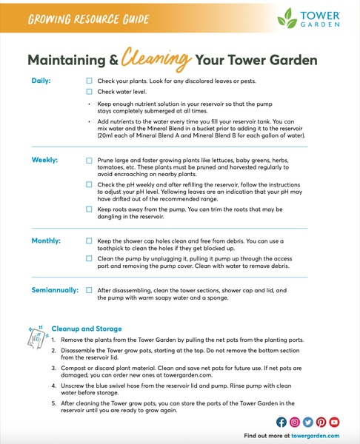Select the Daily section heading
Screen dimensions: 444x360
(41, 80)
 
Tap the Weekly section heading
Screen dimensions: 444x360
(45, 160)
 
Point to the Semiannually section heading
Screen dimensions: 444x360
(55, 290)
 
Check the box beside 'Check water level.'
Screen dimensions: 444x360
(90, 92)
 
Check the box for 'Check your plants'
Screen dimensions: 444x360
(90, 81)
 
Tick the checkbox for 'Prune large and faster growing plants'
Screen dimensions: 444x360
(90, 161)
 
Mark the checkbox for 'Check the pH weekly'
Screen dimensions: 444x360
(90, 185)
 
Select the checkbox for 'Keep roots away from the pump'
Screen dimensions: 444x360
(90, 209)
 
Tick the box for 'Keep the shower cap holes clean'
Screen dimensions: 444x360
(90, 241)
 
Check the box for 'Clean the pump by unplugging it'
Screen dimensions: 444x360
(90, 260)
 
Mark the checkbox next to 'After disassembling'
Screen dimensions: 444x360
(90, 291)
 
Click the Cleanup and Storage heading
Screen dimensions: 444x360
(87, 329)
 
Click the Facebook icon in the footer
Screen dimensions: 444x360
(281, 422)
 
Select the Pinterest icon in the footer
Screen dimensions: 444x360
(321, 422)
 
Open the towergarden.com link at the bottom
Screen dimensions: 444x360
(320, 436)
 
